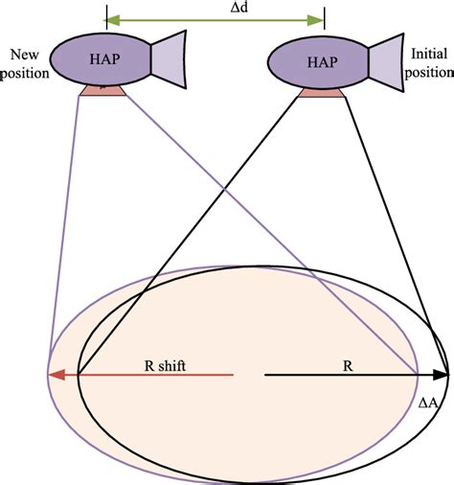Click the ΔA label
click(429, 404)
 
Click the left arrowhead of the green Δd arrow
click(111, 18)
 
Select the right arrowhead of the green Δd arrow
click(318, 18)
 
